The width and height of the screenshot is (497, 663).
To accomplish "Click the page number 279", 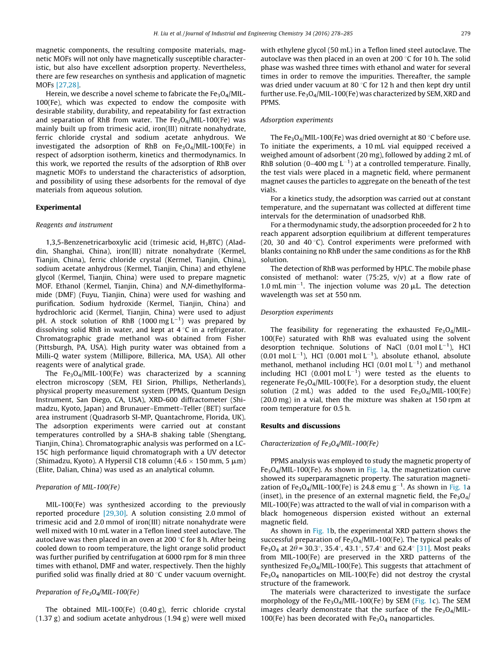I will [x=466, y=33].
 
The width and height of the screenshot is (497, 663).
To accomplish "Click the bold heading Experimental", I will [x=59, y=207].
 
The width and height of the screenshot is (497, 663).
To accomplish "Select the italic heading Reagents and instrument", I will [x=74, y=225].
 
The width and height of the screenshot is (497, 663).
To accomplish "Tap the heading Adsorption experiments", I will [x=297, y=120].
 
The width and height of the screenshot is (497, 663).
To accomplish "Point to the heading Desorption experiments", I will [x=297, y=312].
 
